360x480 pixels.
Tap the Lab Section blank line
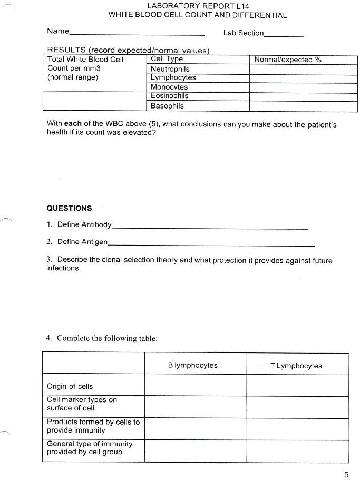point(284,36)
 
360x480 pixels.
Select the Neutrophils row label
point(170,69)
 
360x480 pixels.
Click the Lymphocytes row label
point(173,78)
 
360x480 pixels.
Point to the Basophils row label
point(167,106)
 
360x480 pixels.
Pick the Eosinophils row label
point(169,96)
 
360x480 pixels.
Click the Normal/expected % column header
point(288,60)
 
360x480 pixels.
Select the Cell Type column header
point(167,59)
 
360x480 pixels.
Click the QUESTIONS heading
point(69,208)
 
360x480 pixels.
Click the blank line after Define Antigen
point(211,246)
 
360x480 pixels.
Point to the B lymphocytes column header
point(192,366)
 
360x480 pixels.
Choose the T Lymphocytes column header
point(296,366)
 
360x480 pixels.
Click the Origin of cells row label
point(70,386)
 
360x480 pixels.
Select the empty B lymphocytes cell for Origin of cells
point(195,386)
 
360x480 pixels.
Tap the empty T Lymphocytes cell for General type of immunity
point(297,451)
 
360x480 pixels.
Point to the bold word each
point(73,124)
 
